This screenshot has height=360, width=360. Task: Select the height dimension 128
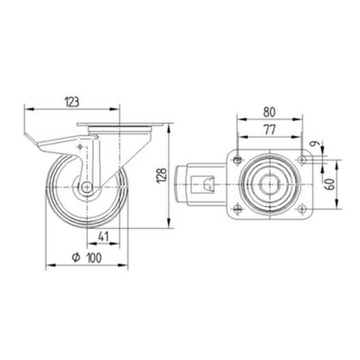162,176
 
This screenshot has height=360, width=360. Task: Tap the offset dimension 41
103,237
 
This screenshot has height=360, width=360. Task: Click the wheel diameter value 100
93,258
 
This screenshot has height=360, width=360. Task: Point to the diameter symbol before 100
76,258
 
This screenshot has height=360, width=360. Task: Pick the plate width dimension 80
269,112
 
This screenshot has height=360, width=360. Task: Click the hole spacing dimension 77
269,130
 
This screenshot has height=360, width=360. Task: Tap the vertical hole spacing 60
330,184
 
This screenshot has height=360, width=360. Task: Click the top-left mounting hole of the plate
237,160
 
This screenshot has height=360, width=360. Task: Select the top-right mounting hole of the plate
302,160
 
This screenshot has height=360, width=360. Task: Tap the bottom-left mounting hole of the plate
237,208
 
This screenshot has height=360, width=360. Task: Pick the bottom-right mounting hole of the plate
302,208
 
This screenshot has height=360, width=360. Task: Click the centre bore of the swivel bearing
269,184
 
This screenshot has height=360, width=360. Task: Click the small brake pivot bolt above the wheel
80,148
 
